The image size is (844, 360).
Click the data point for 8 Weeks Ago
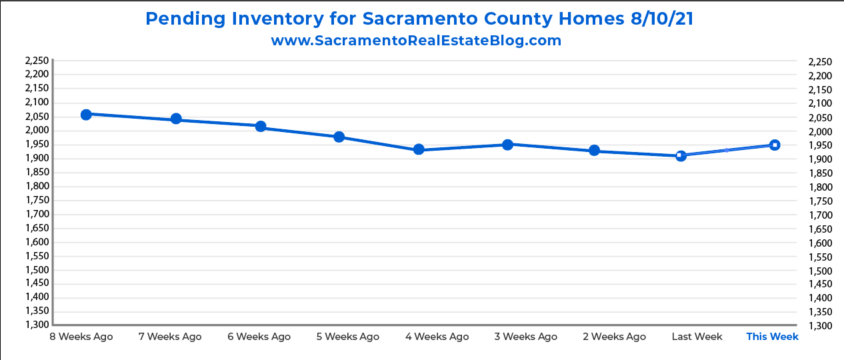click(x=86, y=115)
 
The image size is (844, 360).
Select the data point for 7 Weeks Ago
click(x=176, y=119)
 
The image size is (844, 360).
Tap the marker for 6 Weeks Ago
click(x=261, y=127)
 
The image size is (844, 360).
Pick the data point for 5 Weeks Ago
click(x=339, y=137)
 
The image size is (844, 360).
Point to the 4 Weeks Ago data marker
click(x=419, y=149)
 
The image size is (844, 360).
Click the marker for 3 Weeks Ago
click(x=507, y=145)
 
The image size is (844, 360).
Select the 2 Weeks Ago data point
click(x=594, y=151)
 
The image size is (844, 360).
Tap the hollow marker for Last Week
click(x=681, y=155)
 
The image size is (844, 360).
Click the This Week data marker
click(x=775, y=145)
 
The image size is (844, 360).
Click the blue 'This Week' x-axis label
click(x=772, y=337)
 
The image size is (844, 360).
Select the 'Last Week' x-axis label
click(x=697, y=337)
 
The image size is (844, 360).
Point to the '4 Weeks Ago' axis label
click(x=437, y=337)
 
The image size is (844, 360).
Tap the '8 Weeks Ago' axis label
click(x=81, y=337)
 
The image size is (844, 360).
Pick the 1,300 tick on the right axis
click(x=819, y=326)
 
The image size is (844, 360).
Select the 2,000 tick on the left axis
click(x=37, y=130)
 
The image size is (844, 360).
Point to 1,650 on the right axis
click(x=819, y=229)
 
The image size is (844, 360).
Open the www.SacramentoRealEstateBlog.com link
click(x=416, y=41)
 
